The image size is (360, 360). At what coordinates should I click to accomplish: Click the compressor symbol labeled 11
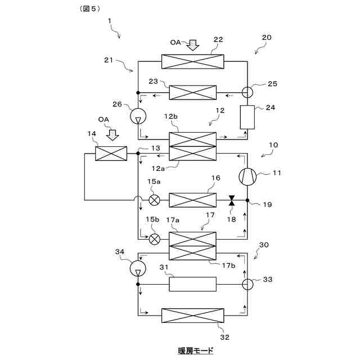click(247, 177)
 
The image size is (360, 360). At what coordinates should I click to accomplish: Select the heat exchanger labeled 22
click(192, 61)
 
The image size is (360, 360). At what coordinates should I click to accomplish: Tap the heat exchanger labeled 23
click(192, 92)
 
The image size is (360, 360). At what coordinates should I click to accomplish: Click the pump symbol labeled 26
click(138, 116)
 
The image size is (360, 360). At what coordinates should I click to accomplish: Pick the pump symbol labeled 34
click(138, 269)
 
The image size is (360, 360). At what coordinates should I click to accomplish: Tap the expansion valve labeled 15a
click(155, 200)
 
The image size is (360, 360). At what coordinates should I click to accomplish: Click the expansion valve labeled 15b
click(155, 238)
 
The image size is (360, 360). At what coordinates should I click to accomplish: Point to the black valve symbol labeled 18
click(231, 200)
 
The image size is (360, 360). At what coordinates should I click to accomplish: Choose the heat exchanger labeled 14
click(111, 153)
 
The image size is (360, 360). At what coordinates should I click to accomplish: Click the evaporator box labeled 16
click(192, 200)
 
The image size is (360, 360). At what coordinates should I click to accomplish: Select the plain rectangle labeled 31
click(192, 284)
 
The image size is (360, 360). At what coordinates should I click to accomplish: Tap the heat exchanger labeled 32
click(192, 315)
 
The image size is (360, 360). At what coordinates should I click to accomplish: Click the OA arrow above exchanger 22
click(193, 44)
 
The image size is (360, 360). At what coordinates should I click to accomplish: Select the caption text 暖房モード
click(196, 351)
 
